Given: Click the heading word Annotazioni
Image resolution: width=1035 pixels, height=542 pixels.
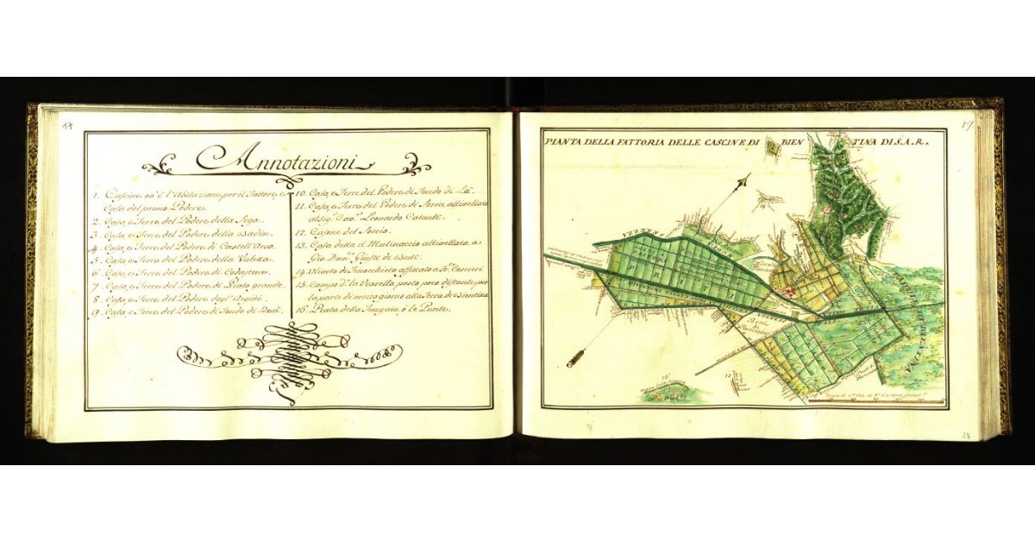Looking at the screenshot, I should (x=285, y=158).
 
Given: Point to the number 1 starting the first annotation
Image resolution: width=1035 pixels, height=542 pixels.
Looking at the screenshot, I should (x=95, y=196).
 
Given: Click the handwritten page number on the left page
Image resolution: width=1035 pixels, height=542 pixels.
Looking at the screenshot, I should (x=66, y=126).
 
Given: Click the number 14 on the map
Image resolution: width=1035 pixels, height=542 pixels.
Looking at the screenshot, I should (x=763, y=205).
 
